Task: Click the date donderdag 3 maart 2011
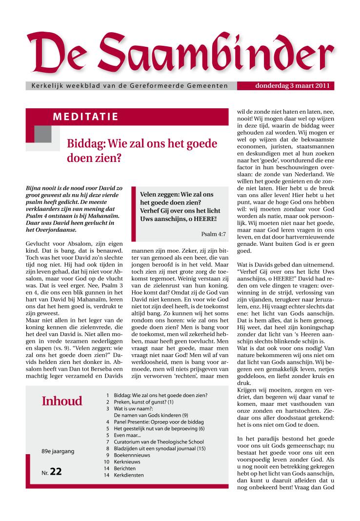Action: [x=292, y=86]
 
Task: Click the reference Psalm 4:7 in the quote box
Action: [x=213, y=234]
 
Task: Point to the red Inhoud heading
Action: [x=62, y=401]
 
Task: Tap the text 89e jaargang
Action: [x=58, y=451]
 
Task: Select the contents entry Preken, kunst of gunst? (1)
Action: [x=143, y=402]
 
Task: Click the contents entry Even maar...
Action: [x=127, y=435]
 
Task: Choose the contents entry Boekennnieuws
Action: [x=132, y=455]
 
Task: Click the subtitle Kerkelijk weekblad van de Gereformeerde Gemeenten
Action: [x=129, y=86]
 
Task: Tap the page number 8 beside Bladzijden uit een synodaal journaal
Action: [x=106, y=448]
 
